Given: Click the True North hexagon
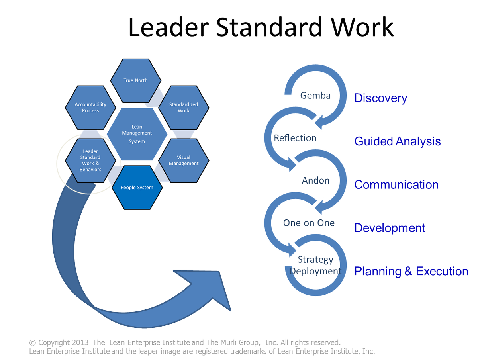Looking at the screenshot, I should [x=135, y=80].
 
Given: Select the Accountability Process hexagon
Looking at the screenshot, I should [x=90, y=108].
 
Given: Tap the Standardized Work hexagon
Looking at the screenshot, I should [x=184, y=108].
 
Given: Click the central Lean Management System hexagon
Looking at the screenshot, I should [x=137, y=134].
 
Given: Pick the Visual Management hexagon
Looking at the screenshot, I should [x=184, y=160].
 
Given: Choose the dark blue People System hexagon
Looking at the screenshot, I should [x=137, y=188].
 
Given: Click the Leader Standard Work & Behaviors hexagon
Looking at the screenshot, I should [x=90, y=160].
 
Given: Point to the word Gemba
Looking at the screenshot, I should [x=315, y=96].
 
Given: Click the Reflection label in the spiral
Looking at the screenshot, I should [x=295, y=138].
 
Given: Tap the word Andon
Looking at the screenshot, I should [x=315, y=180].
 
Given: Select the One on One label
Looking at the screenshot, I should [x=309, y=223].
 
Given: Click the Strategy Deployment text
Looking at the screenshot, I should [x=315, y=266].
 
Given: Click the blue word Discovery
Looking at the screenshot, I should [x=381, y=98].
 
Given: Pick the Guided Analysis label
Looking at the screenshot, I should [x=398, y=141].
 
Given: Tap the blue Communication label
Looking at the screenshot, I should [x=396, y=185].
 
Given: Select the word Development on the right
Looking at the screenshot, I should [x=390, y=228].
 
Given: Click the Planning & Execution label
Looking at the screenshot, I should [x=411, y=272].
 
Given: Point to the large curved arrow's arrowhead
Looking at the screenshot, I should [x=215, y=291].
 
